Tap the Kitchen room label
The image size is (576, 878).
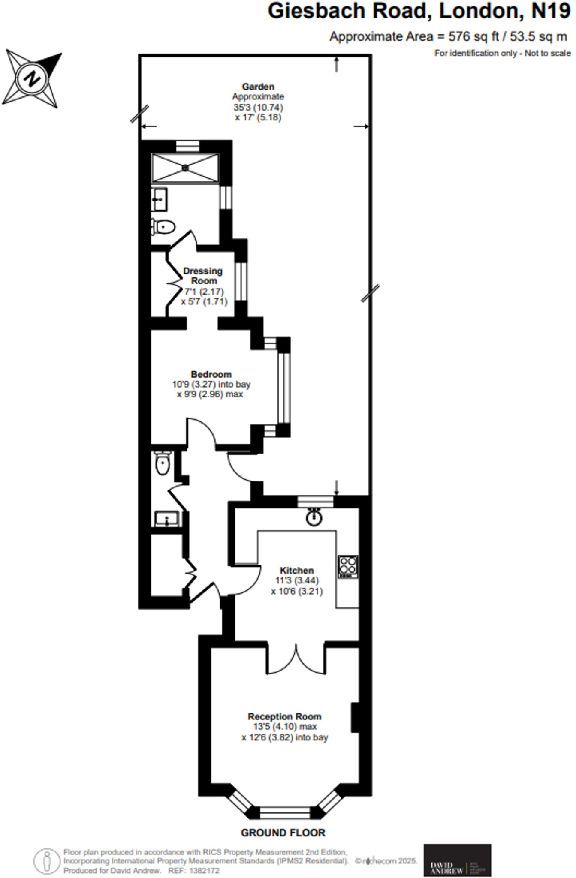[296, 571]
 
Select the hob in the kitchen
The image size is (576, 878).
[348, 567]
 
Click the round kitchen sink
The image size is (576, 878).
[314, 517]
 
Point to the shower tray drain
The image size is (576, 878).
[185, 168]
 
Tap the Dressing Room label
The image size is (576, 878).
[203, 276]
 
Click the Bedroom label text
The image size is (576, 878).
[211, 374]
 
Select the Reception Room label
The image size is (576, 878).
[284, 716]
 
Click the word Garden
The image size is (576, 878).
[258, 87]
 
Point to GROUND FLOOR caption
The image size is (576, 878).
[283, 833]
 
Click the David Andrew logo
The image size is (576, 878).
[457, 860]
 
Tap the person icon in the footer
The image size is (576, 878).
[47, 861]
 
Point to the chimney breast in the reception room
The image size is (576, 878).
[355, 717]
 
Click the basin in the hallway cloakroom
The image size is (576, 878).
[167, 519]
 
